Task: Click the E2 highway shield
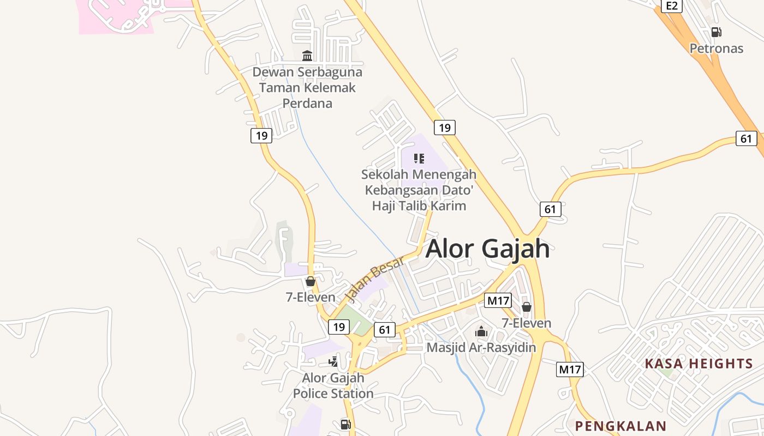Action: [x=672, y=6]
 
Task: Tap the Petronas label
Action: [x=717, y=49]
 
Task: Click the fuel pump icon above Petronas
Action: [x=717, y=32]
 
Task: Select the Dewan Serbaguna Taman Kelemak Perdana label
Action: [x=307, y=87]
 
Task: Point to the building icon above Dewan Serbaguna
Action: [x=307, y=56]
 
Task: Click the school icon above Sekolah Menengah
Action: [x=419, y=159]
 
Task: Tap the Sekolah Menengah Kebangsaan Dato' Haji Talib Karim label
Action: [x=419, y=190]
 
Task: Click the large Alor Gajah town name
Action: [x=487, y=249]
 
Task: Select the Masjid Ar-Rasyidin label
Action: [x=481, y=347]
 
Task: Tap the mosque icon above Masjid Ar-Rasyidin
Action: [x=481, y=331]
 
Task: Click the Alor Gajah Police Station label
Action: [x=333, y=385]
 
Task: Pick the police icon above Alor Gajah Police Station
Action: [x=333, y=361]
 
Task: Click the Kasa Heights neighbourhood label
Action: [x=699, y=364]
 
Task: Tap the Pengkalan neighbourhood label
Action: [x=621, y=426]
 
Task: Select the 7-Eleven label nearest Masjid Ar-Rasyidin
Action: [x=527, y=323]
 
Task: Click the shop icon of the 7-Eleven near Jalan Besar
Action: [x=311, y=281]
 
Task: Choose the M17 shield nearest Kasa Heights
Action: [x=570, y=370]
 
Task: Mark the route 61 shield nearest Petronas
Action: [x=746, y=138]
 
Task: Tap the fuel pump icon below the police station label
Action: [x=345, y=424]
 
